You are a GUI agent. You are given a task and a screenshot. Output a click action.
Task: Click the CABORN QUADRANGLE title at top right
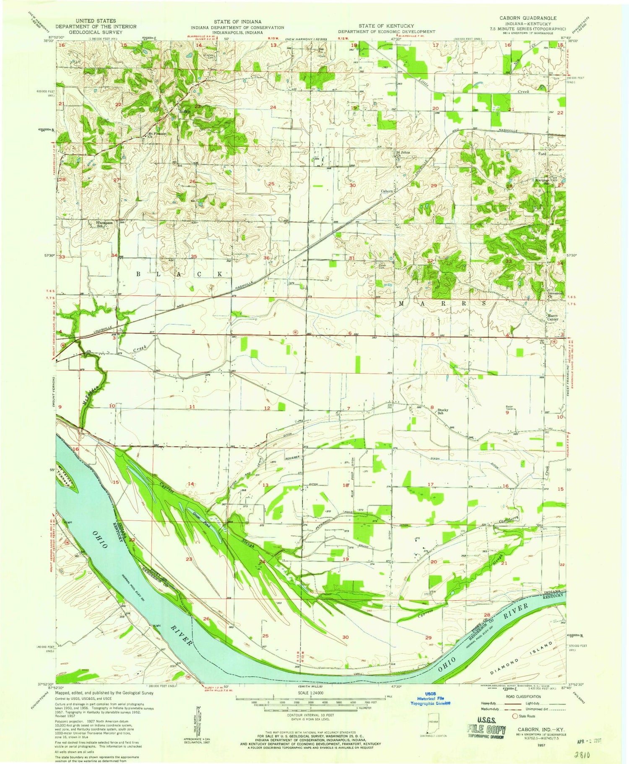tap(528, 18)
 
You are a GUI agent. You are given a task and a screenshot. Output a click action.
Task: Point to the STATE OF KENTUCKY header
tap(386, 26)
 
